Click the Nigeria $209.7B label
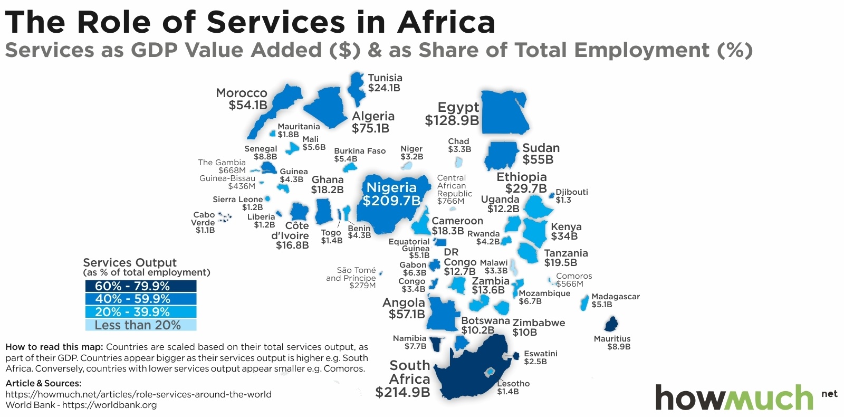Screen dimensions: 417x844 [391, 194]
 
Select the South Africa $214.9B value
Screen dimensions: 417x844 [402, 392]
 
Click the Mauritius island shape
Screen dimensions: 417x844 [611, 324]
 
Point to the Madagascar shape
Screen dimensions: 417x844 [584, 303]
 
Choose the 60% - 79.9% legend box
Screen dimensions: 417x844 [140, 286]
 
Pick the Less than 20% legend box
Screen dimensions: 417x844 [140, 325]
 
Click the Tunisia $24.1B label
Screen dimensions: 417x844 [385, 83]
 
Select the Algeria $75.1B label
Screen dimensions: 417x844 [372, 122]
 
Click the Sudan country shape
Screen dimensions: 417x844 [501, 155]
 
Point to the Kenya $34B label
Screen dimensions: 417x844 [565, 231]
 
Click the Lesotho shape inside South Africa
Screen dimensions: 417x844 [490, 372]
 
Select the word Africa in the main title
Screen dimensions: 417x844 [446, 22]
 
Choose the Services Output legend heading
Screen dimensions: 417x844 [130, 262]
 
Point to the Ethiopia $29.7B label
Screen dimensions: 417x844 [521, 183]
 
